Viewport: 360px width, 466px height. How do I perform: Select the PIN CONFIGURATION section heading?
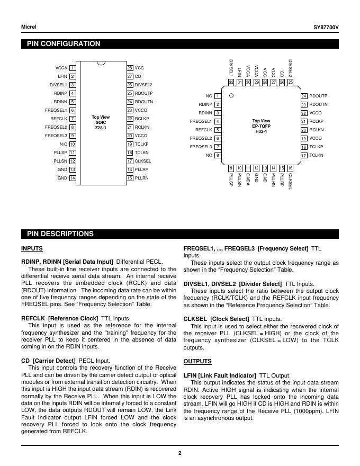64,44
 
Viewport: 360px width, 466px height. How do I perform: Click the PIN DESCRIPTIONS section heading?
60,234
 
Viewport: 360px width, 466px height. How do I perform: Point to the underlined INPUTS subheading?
32,248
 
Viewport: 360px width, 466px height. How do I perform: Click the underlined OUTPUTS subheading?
197,361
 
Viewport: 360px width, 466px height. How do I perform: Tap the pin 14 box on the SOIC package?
73,178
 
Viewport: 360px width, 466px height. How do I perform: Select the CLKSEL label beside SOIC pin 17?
143,161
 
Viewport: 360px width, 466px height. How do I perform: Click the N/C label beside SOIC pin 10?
64,144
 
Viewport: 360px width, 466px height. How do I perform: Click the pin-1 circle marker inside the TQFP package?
232,96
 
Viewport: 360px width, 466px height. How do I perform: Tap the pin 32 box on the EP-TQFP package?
231,82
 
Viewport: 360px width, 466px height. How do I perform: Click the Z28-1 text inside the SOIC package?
101,128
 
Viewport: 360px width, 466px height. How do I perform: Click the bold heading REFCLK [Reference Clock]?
59,318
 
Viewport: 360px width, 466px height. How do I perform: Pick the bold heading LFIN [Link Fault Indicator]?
220,375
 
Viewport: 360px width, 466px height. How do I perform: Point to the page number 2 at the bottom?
179,453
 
